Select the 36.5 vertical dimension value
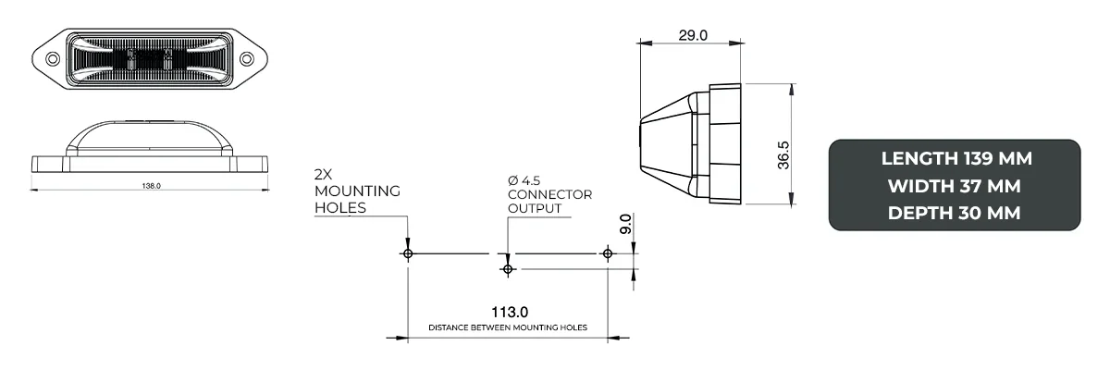(783, 154)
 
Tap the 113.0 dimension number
(507, 313)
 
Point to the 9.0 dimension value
(626, 224)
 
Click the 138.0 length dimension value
(152, 186)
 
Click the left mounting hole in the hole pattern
(408, 253)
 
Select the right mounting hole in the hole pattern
(607, 253)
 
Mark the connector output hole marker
(507, 268)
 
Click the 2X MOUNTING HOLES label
(356, 191)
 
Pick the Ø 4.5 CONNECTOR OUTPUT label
(549, 193)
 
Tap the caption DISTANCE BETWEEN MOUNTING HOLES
(507, 328)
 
